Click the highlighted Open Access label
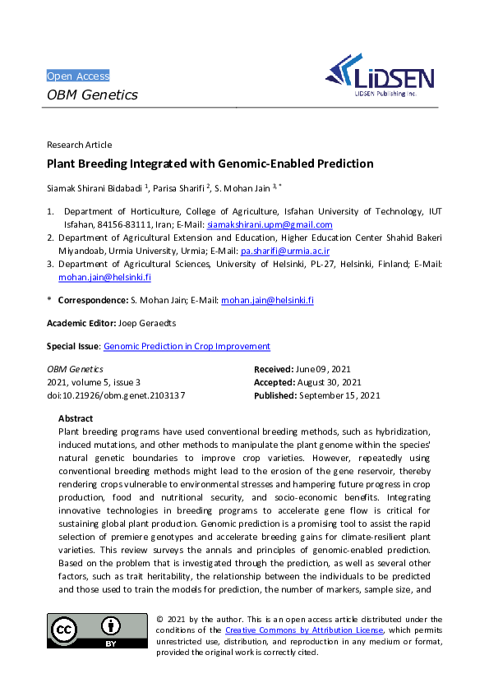[78, 76]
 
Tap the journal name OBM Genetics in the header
[92, 95]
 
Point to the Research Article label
[80, 145]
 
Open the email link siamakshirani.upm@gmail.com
[270, 224]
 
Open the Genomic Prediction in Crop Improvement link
[187, 347]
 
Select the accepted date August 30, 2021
[330, 382]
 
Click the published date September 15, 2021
[339, 395]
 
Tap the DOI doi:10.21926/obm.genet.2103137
[116, 395]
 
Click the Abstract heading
[76, 418]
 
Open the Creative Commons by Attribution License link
[304, 630]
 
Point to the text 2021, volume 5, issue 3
[94, 382]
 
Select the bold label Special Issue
[72, 347]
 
